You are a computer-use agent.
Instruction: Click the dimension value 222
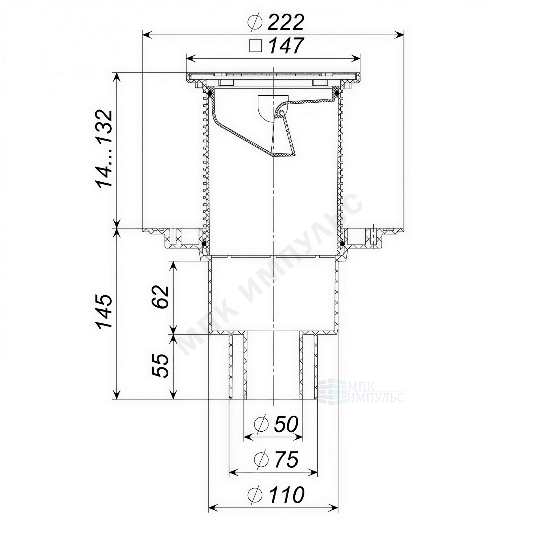tap(286, 23)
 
